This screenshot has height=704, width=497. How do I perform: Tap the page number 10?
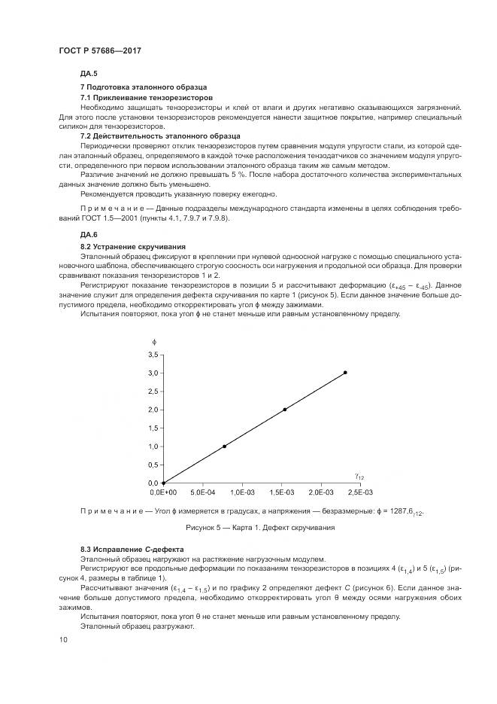coord(62,639)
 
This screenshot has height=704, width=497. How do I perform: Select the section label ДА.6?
coord(89,235)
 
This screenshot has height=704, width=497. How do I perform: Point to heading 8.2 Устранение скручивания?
coord(133,246)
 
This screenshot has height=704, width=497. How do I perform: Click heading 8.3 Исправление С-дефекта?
coord(132,549)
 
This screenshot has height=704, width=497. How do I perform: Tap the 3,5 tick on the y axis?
coord(153,355)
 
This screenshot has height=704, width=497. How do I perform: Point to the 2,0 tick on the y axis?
coord(153,410)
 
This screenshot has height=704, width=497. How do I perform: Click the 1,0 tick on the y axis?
coord(153,446)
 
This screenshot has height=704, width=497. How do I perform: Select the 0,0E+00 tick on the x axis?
coord(163,492)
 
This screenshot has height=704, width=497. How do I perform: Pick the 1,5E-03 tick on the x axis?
coord(285,492)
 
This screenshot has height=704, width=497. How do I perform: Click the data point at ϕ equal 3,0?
coord(345,373)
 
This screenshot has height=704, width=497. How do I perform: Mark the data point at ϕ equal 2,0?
coord(285,410)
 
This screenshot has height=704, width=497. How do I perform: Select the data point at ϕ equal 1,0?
coord(224,446)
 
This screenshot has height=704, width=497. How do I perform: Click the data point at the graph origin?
coord(163,483)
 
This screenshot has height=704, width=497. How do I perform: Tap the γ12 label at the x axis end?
coord(359,476)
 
